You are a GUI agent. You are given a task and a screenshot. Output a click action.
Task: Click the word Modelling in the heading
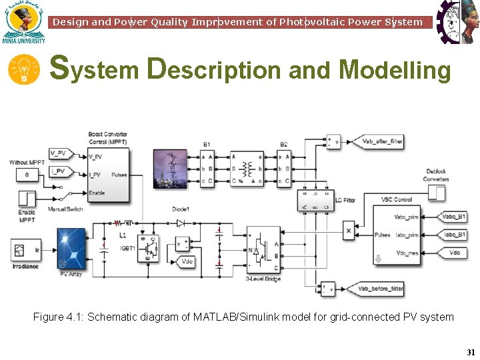395,69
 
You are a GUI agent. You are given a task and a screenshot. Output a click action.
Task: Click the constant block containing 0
27,175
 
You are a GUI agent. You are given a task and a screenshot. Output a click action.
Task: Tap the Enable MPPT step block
27,199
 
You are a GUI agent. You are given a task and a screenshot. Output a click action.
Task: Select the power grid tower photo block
170,169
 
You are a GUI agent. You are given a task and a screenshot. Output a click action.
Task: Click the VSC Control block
396,235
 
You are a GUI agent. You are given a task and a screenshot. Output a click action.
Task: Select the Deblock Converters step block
436,193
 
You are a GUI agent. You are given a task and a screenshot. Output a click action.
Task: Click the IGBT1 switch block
147,246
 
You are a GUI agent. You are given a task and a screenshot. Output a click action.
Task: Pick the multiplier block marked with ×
348,231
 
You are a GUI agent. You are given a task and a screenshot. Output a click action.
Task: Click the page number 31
471,352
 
